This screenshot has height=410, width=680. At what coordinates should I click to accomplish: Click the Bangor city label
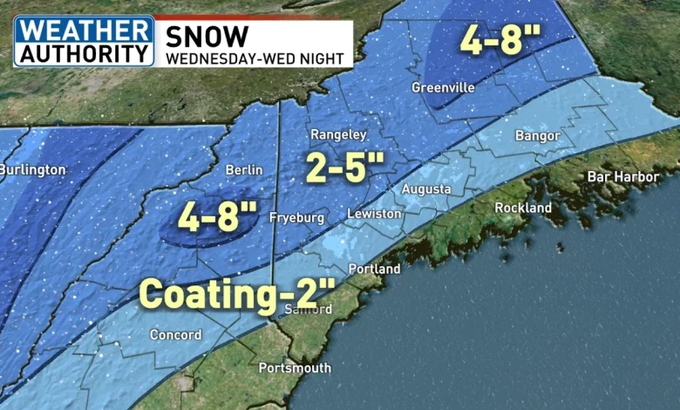[x=537, y=136]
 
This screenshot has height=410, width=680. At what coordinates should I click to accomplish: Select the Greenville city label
[x=442, y=88]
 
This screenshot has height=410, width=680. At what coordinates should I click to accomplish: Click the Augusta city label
[x=426, y=189]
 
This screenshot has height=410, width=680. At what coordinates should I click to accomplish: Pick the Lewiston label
[x=373, y=214]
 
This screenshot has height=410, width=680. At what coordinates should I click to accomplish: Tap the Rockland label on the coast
[x=523, y=208]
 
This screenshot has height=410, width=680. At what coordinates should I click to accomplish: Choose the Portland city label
[x=374, y=270]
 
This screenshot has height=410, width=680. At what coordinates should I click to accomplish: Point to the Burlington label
[x=32, y=169]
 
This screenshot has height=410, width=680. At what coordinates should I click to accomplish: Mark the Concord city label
[x=175, y=335]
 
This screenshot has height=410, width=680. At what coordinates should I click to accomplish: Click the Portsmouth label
[x=295, y=368]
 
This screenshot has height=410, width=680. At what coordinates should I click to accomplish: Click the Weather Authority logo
[x=84, y=40]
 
